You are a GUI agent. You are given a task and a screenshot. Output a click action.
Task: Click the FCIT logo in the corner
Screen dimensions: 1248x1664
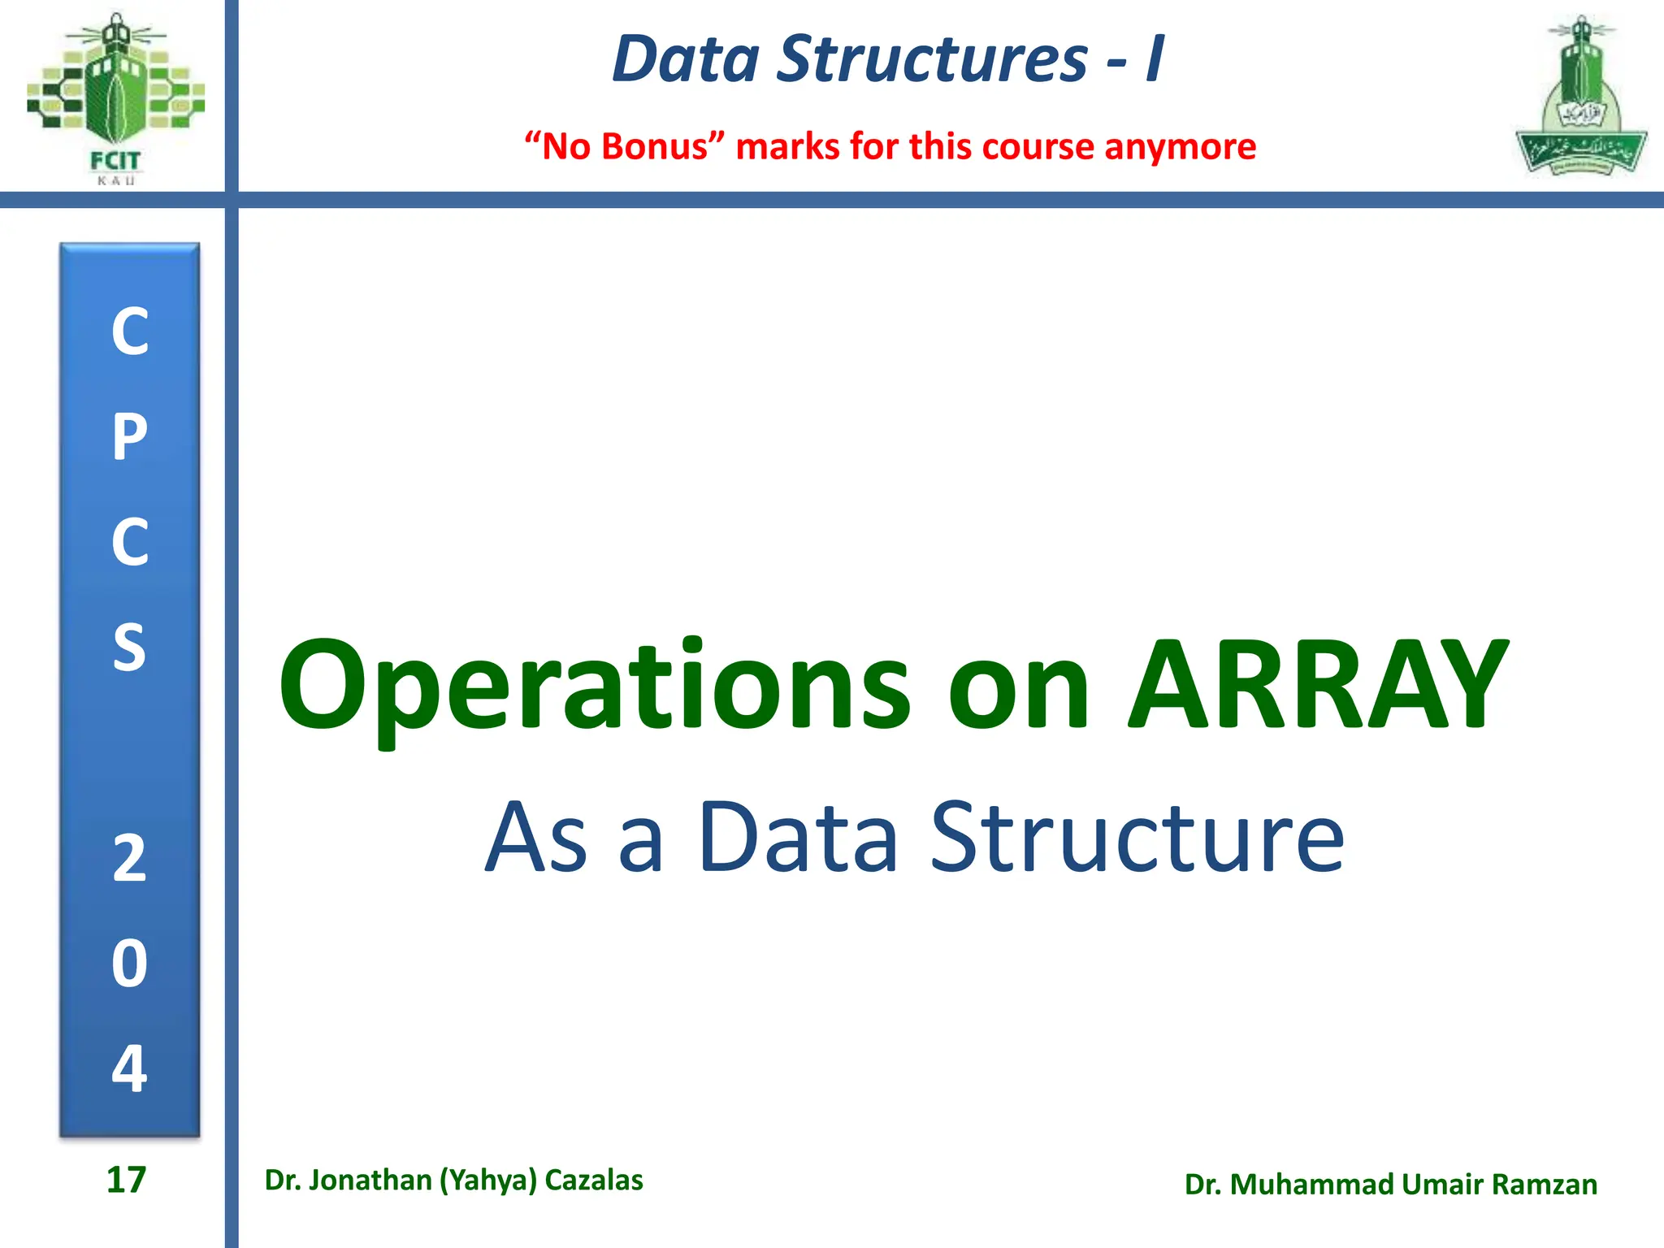click(x=115, y=97)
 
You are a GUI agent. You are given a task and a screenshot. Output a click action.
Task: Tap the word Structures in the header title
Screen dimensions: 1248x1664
click(x=932, y=58)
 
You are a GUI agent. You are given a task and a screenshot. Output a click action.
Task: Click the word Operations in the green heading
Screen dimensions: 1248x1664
click(x=595, y=687)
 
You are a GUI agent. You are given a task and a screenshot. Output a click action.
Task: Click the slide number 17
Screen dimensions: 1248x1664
click(x=126, y=1180)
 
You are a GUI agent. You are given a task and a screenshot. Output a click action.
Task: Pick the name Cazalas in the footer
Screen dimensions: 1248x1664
click(x=594, y=1180)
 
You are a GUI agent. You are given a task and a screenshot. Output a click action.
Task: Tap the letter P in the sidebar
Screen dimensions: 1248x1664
click(x=130, y=436)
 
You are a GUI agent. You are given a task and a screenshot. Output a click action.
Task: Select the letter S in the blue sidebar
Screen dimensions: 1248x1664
click(x=130, y=648)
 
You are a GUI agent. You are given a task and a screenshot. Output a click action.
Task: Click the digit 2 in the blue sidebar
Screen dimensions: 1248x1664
click(x=130, y=859)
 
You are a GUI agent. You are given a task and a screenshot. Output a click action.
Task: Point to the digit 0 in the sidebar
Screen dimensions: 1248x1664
click(x=130, y=964)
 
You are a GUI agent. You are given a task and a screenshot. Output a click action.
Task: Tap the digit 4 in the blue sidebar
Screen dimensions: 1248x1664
click(x=130, y=1068)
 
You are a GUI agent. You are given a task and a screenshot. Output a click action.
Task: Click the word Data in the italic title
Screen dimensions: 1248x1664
click(x=687, y=58)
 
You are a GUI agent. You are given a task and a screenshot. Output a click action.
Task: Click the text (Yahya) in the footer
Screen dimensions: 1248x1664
click(x=488, y=1180)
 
